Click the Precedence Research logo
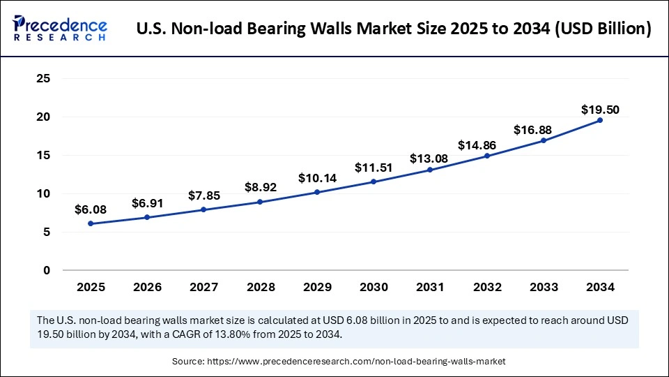[x=60, y=29]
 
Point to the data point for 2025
[x=91, y=223]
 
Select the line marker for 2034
[x=600, y=120]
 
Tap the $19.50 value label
[x=600, y=110]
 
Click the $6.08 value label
[x=91, y=209]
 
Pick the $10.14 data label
[x=317, y=178]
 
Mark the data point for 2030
[x=374, y=182]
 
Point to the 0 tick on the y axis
[x=47, y=270]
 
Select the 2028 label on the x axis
[x=260, y=287]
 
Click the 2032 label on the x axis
[x=486, y=287]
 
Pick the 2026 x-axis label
[x=147, y=287]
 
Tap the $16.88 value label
[x=543, y=130]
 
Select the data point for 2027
[x=203, y=209]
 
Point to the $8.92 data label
[x=260, y=187]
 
